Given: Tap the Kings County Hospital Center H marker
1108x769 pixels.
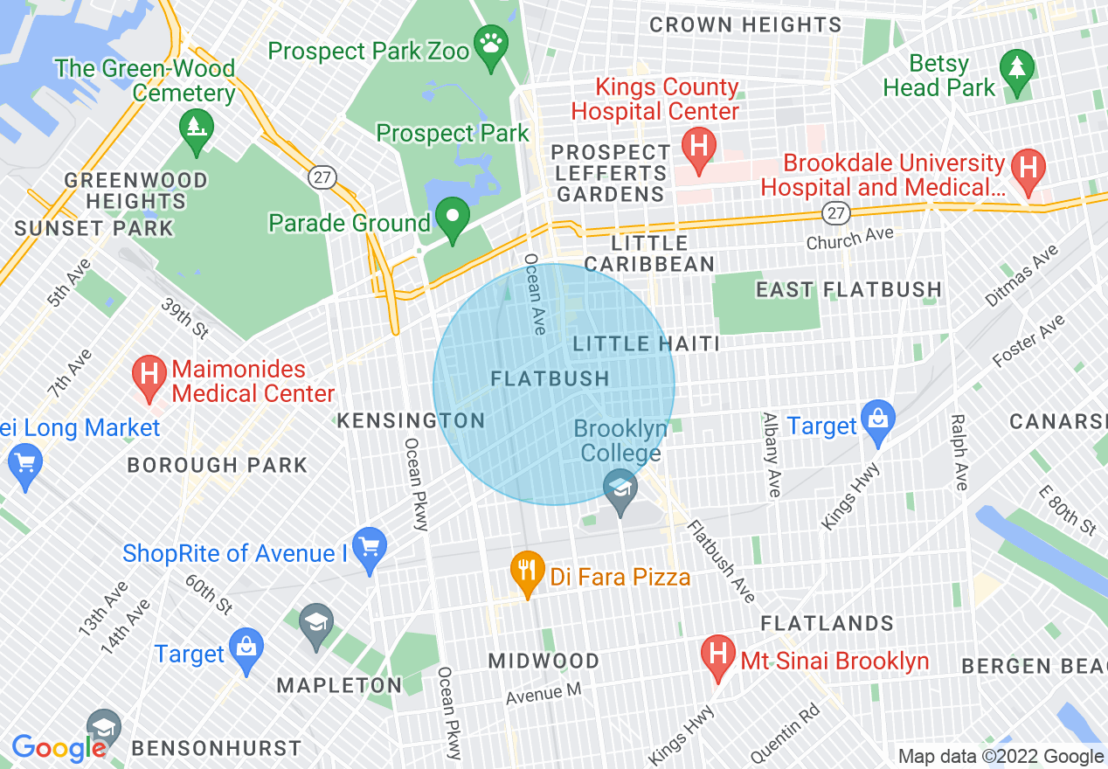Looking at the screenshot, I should (x=699, y=143).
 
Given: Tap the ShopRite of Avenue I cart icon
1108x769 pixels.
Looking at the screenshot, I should (x=370, y=548).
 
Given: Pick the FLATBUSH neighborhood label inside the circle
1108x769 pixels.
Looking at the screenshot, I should (x=551, y=378).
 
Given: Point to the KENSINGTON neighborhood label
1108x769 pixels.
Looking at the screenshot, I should (x=411, y=420).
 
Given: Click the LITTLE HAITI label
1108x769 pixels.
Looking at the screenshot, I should (x=647, y=343).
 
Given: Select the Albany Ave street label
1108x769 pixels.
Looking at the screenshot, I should (x=772, y=454).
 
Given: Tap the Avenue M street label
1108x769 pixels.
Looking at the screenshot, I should (x=544, y=692).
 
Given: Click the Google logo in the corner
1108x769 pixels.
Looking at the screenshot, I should (x=59, y=747).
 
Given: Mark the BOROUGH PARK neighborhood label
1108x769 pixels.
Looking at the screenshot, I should (x=218, y=465).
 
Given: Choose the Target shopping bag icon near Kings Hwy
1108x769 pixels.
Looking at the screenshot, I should (x=878, y=420).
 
